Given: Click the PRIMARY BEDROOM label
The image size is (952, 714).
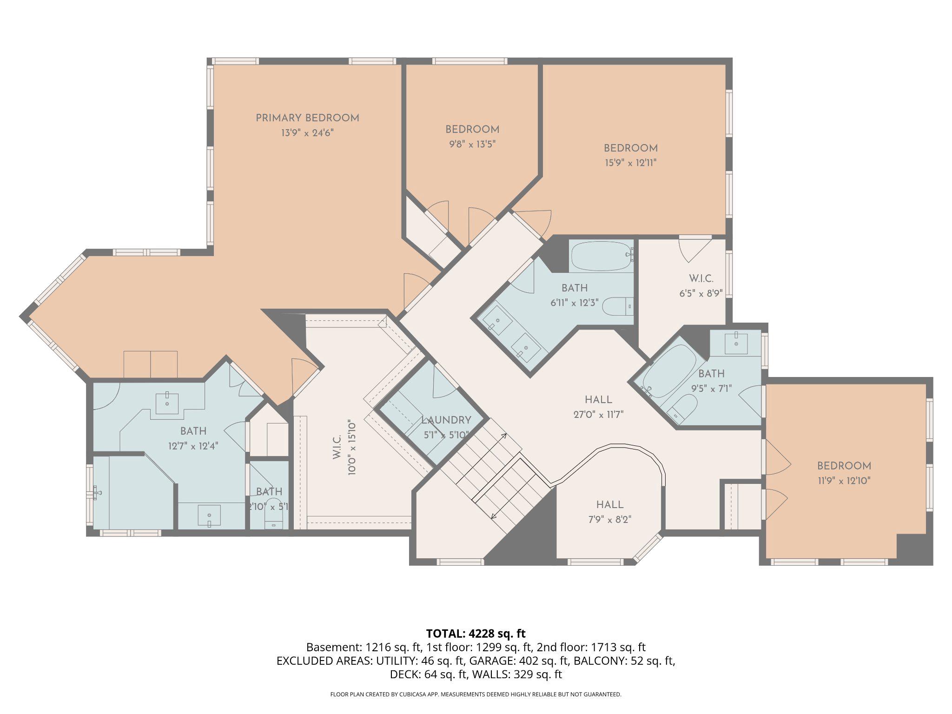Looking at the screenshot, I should click(307, 118).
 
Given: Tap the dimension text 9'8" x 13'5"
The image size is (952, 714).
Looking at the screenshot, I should click(472, 144).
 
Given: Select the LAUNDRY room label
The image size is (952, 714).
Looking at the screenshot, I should click(446, 420).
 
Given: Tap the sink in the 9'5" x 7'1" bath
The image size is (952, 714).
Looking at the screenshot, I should click(736, 344).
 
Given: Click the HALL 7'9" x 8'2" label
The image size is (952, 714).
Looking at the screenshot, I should click(610, 505).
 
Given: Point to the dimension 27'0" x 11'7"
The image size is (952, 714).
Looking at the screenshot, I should click(598, 414).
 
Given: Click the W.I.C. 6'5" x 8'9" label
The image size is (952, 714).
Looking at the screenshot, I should click(701, 279).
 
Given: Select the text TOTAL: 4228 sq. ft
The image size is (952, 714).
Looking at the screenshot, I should click(476, 634).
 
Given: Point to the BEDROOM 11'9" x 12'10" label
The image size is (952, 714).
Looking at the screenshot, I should click(844, 466).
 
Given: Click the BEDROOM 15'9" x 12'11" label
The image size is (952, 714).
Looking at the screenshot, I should click(630, 149).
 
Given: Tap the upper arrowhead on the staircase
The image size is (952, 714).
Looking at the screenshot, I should click(505, 436).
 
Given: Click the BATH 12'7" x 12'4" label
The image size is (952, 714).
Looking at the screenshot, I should click(193, 431).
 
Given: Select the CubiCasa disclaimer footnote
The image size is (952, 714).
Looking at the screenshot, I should click(476, 694).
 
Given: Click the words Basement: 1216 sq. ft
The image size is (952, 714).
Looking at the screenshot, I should click(364, 648).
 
